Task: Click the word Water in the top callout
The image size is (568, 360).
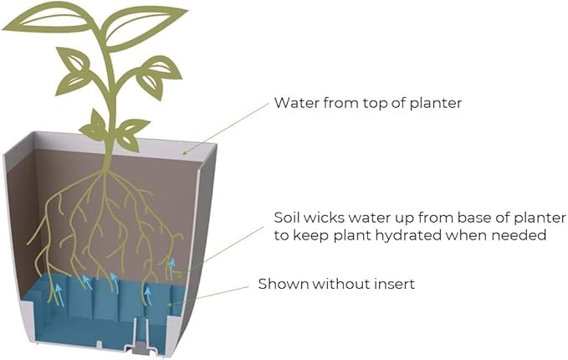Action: (x=296, y=103)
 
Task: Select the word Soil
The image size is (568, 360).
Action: (x=287, y=218)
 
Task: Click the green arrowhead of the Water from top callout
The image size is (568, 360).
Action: (x=184, y=153)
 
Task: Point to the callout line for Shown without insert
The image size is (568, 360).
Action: (x=209, y=295)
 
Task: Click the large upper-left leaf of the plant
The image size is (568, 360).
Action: (x=47, y=19)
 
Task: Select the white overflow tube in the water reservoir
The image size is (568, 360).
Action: (x=141, y=332)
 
